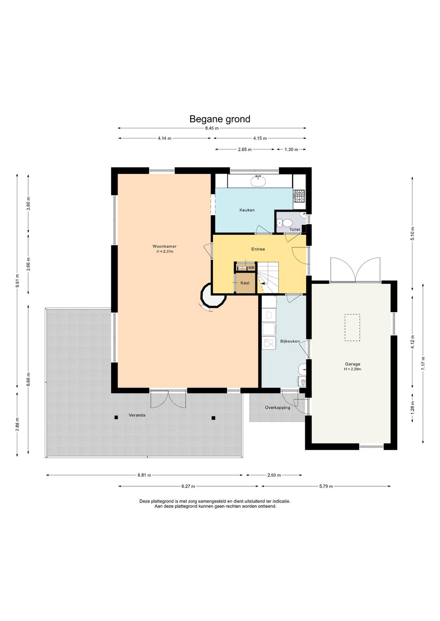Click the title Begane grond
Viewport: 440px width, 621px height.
tap(220, 119)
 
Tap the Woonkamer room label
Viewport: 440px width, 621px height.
tap(164, 246)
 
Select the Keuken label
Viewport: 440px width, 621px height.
tap(247, 210)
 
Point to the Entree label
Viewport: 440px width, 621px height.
tap(258, 249)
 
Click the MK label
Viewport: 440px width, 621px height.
tap(251, 267)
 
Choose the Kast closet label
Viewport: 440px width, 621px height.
tap(245, 283)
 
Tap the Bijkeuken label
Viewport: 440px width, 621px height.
tap(290, 341)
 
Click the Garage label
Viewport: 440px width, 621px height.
tap(352, 364)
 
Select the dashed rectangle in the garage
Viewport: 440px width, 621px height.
tap(352, 328)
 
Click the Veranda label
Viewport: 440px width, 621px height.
tap(137, 415)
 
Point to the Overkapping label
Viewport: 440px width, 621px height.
tap(277, 407)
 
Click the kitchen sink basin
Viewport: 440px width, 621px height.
tap(258, 181)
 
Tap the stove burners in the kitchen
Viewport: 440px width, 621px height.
tap(299, 196)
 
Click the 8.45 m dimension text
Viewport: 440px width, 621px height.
tap(212, 128)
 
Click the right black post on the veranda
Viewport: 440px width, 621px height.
tap(213, 418)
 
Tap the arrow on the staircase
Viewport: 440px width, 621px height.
tap(262, 284)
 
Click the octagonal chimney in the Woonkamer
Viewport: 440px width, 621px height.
tap(213, 295)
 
